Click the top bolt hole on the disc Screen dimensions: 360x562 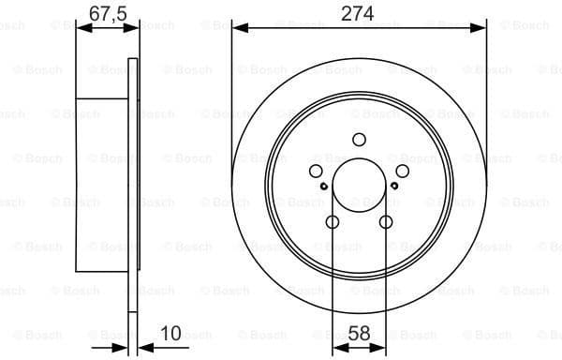click(359, 140)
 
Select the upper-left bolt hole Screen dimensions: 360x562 click(316, 171)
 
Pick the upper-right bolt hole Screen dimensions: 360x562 click(402, 171)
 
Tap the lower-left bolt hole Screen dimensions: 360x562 click(333, 222)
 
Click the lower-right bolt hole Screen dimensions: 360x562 click(385, 222)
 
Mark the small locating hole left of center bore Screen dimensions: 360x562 click(323, 186)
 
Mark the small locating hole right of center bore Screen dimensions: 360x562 click(394, 186)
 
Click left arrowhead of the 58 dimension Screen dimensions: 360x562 click(338, 347)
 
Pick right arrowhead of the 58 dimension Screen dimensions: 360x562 click(379, 347)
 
